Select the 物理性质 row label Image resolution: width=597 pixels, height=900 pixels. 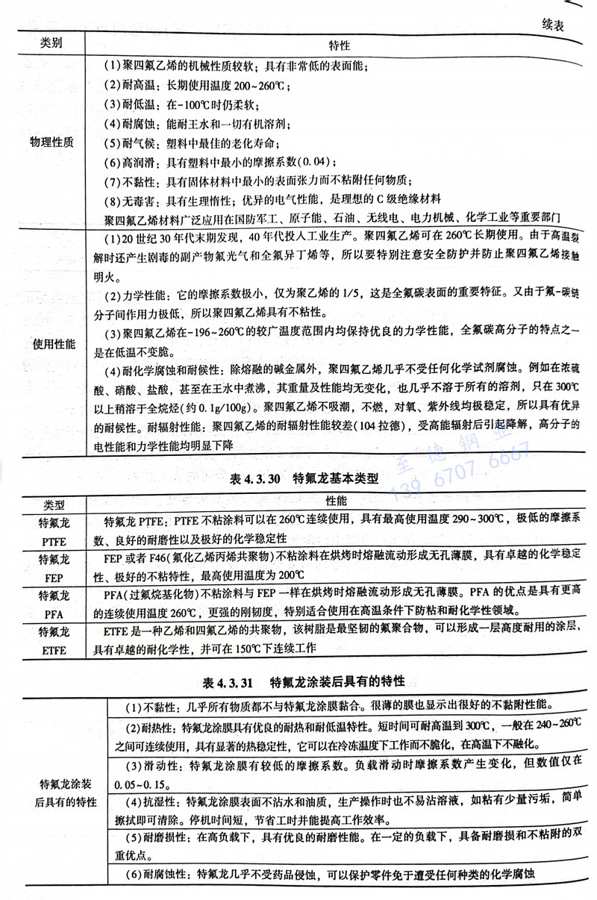click(51, 142)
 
